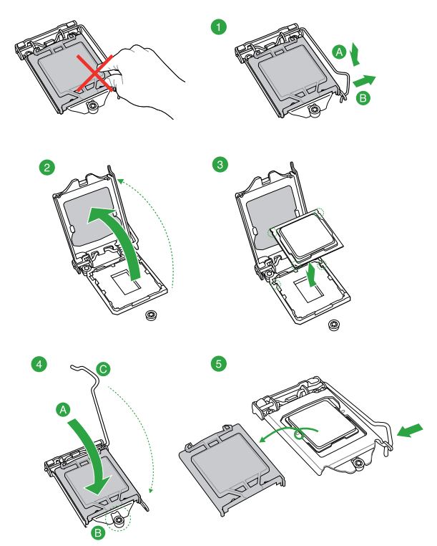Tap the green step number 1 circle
click(220, 28)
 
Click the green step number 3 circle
click(220, 166)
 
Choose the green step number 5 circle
click(220, 364)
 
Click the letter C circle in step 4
click(104, 369)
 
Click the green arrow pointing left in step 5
click(411, 431)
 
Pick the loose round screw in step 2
click(152, 315)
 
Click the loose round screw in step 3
click(333, 325)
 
